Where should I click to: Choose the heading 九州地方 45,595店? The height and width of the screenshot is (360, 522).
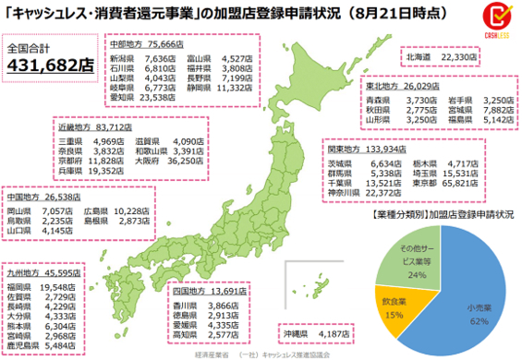[46, 275]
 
